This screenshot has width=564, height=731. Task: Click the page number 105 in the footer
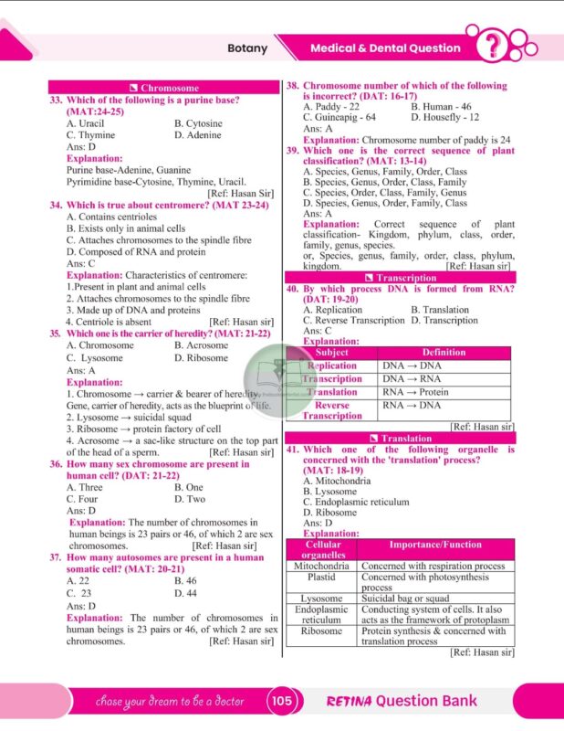(x=281, y=701)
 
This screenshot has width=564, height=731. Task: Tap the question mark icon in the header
(x=496, y=47)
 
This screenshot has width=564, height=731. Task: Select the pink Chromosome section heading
(x=163, y=89)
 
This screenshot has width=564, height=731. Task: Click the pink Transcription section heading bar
(x=400, y=278)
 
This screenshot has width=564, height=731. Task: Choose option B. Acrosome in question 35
(x=202, y=346)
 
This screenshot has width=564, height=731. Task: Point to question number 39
(x=293, y=150)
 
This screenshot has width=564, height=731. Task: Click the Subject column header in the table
(x=331, y=353)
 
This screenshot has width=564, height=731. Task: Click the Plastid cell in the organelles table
(x=321, y=577)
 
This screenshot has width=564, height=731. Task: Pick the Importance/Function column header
(x=434, y=546)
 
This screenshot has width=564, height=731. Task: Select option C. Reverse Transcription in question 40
(x=353, y=321)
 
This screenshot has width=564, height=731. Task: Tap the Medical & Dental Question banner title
(x=385, y=48)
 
